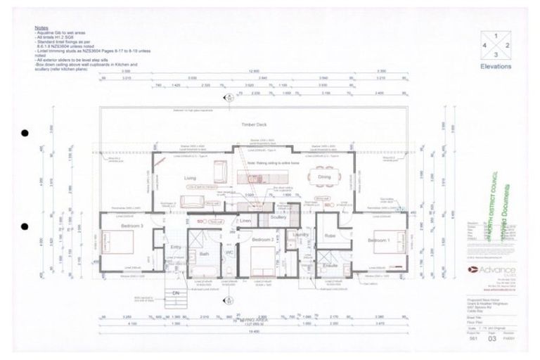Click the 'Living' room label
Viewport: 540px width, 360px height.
coord(191,179)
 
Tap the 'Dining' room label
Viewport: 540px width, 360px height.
coord(324,178)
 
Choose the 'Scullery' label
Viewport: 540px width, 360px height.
coord(278,218)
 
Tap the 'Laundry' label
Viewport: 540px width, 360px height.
coord(301,235)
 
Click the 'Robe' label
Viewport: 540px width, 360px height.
coord(330,236)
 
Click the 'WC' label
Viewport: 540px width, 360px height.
coord(229,252)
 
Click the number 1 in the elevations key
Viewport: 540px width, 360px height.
coord(496,34)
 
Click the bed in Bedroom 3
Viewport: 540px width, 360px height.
coord(113,243)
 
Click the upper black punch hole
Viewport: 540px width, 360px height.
coord(25,133)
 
